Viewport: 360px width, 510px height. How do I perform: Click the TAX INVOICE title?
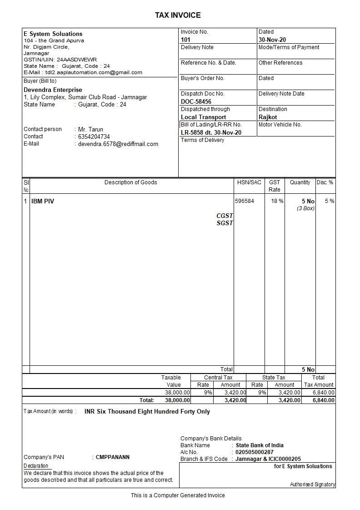pyautogui.click(x=178, y=15)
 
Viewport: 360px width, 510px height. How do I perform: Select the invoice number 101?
pyautogui.click(x=185, y=40)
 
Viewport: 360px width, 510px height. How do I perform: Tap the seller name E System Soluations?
pyautogui.click(x=53, y=34)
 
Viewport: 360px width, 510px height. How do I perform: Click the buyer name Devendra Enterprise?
pyautogui.click(x=53, y=90)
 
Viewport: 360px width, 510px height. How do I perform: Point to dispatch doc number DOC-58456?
pyautogui.click(x=196, y=101)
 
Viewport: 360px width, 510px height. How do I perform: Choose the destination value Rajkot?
pyautogui.click(x=268, y=117)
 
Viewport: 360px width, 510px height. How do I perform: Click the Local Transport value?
pyautogui.click(x=203, y=117)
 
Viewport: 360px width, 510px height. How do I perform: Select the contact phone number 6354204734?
pyautogui.click(x=94, y=136)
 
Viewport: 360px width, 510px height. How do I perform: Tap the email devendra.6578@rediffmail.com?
pyautogui.click(x=118, y=144)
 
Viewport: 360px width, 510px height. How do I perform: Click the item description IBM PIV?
pyautogui.click(x=43, y=201)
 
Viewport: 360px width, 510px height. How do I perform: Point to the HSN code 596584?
pyautogui.click(x=245, y=201)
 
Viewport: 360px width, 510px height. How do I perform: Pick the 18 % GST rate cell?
pyautogui.click(x=277, y=201)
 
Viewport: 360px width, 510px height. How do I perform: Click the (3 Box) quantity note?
pyautogui.click(x=305, y=208)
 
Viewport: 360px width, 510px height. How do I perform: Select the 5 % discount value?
pyautogui.click(x=330, y=201)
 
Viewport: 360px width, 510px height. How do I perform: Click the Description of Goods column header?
pyautogui.click(x=130, y=182)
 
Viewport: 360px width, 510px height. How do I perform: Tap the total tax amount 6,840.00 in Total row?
pyautogui.click(x=324, y=400)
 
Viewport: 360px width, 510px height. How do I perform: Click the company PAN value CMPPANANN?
pyautogui.click(x=112, y=457)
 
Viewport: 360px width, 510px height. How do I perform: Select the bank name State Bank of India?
pyautogui.click(x=260, y=445)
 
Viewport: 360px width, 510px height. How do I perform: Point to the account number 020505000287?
pyautogui.click(x=255, y=452)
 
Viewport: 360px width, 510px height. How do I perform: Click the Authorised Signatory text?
pyautogui.click(x=312, y=485)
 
